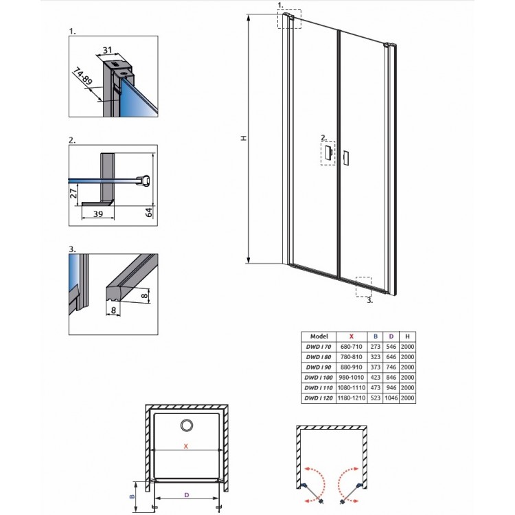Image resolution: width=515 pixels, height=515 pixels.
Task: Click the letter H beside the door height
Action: (243, 138)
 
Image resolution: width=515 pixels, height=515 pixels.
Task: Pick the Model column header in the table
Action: (320, 336)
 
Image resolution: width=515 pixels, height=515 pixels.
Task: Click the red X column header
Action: (352, 336)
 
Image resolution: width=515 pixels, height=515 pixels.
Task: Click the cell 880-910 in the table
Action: (352, 367)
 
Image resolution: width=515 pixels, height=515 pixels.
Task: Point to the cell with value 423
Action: (376, 378)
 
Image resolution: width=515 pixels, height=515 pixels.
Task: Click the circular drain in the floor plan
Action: (186, 426)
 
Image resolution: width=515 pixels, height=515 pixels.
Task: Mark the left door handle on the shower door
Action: (328, 153)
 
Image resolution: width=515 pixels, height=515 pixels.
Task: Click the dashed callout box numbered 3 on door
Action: (363, 286)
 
